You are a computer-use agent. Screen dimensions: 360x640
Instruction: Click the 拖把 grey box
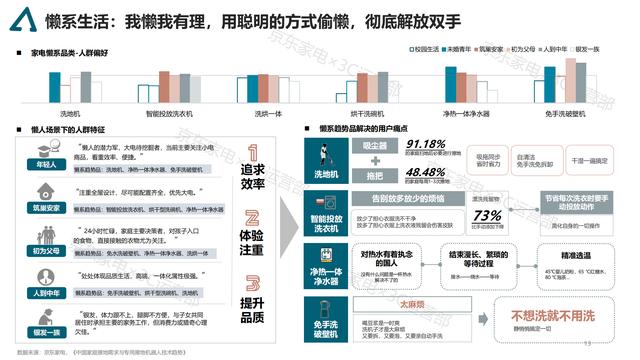366,172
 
